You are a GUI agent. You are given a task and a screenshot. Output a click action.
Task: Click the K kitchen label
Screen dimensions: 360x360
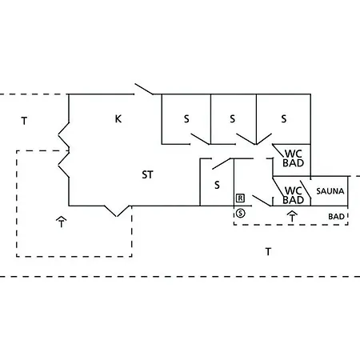coord(118,118)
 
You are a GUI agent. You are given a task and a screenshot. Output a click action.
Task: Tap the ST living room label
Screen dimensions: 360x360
coord(147,174)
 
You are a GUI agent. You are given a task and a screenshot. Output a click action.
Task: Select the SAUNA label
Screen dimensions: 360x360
coord(330,191)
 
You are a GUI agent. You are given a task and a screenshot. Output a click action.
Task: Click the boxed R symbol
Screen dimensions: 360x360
coord(240,198)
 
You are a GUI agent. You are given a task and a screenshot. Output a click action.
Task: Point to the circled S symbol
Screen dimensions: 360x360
coord(240,213)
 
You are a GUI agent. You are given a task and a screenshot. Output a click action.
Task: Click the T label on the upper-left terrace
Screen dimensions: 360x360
coord(24,121)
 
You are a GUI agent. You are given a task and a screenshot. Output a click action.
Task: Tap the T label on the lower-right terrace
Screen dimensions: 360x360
coord(268,251)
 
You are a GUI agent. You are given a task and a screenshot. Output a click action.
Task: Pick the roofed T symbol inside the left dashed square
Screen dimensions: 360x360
coord(62,222)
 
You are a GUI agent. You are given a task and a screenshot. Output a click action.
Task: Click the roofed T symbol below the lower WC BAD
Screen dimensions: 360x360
coord(292,216)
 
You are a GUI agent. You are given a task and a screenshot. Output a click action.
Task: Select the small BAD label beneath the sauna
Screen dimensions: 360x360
coord(336,217)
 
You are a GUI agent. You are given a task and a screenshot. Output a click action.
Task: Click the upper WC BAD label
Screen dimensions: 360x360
coord(294,158)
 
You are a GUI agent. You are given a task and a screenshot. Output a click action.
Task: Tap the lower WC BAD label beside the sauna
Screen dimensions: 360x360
coord(294,195)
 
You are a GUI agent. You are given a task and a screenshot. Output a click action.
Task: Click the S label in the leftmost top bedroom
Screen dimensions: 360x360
coord(186,118)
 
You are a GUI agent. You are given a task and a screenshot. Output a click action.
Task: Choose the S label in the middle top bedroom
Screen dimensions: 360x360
coord(233,118)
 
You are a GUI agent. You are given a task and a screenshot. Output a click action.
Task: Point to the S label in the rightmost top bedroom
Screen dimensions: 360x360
coord(284,118)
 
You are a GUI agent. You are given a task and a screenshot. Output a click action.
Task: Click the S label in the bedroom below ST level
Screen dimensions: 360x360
coord(217,185)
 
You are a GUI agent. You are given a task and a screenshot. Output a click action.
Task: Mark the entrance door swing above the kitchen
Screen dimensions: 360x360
coord(144,89)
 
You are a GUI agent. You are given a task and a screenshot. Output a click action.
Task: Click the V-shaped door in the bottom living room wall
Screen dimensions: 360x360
coord(117,210)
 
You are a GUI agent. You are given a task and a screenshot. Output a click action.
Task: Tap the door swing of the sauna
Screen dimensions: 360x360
coord(306,189)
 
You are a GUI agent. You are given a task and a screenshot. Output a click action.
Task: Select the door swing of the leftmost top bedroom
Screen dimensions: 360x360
coord(200,139)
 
